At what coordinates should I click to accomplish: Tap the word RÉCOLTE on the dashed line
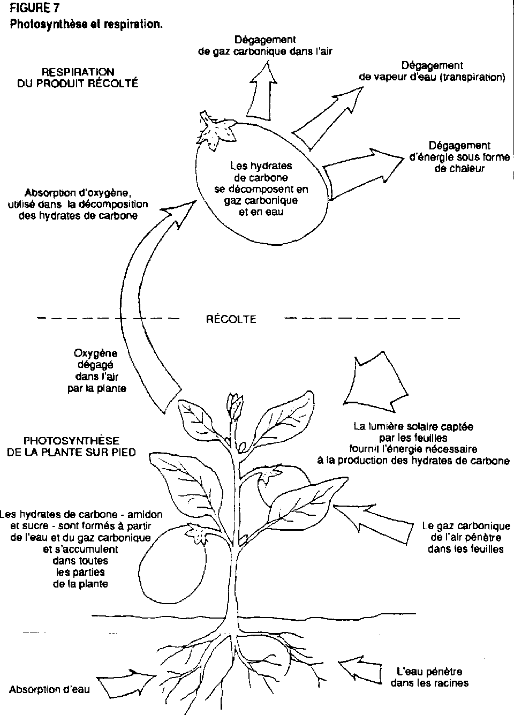click(x=231, y=319)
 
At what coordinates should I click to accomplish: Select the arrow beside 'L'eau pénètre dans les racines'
click(x=364, y=669)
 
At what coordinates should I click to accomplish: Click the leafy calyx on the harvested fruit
click(x=214, y=129)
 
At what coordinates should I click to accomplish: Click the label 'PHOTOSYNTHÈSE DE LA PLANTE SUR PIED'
click(x=71, y=446)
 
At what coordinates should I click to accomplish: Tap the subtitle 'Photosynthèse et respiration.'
click(x=86, y=24)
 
